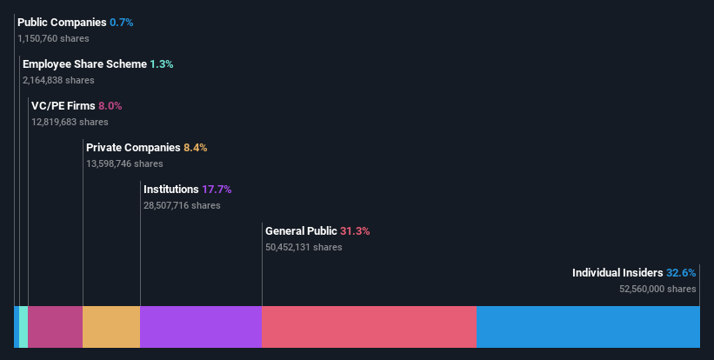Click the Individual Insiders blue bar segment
coord(587,327)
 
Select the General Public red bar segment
coord(369,327)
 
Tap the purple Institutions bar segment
coord(201,327)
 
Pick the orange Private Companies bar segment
coord(111,327)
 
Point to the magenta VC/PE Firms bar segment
coord(55,327)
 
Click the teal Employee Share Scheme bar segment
coord(23,327)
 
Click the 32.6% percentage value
coord(681,273)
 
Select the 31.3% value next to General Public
coord(355,231)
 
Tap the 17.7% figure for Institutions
coord(217,190)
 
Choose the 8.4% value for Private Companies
coord(195,148)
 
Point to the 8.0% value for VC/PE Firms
coord(110,106)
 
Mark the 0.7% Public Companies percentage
coord(122,23)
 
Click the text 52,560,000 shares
coord(657,289)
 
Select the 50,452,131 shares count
coord(304,247)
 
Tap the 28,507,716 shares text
coord(182,205)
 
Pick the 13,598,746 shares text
coord(124,163)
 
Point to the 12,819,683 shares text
coord(70,122)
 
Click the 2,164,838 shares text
coord(58,80)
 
